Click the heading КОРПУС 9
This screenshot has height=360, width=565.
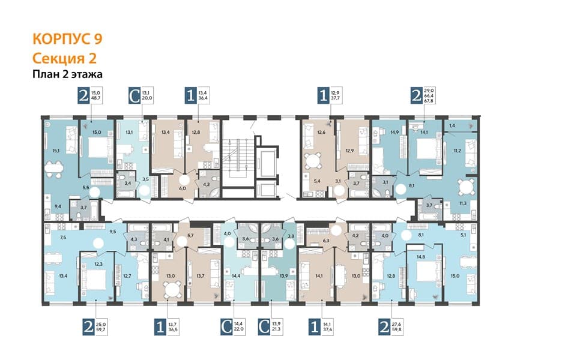click(67, 39)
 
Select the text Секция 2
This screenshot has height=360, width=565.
click(64, 58)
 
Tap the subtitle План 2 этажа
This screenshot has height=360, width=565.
click(67, 74)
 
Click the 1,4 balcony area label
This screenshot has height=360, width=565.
click(452, 125)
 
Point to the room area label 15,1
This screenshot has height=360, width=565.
click(55, 151)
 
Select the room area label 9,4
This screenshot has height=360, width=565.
click(58, 206)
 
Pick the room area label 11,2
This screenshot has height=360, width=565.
click(458, 151)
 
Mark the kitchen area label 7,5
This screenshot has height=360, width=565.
click(63, 237)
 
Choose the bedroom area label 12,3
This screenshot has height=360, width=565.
click(98, 264)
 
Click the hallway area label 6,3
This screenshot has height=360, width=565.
click(327, 241)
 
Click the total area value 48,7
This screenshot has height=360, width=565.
click(96, 98)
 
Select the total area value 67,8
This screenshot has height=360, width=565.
click(429, 101)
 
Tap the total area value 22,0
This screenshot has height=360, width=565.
click(239, 329)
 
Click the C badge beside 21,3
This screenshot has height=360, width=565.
click(264, 327)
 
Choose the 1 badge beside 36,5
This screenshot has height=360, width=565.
click(160, 327)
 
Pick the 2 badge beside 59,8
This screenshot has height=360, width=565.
click(384, 327)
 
